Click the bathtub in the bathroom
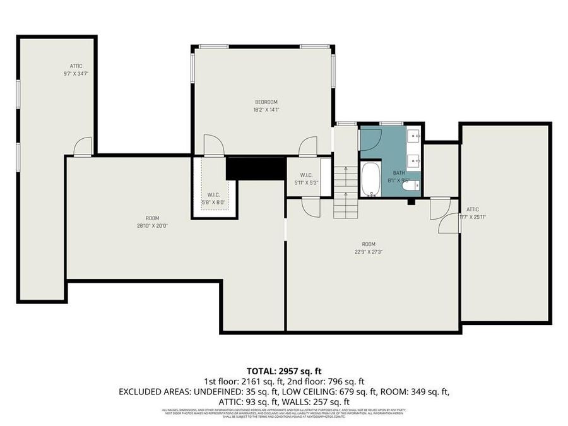[370, 179]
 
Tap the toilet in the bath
[410, 186]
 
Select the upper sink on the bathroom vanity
[414, 136]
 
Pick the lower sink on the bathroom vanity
[414, 162]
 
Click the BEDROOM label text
[266, 102]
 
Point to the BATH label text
[399, 172]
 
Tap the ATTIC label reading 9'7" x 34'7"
[76, 66]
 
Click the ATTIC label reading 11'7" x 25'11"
[472, 210]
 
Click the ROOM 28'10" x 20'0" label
[152, 218]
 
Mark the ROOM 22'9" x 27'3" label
[368, 244]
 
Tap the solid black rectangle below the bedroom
[256, 168]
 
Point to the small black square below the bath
[411, 202]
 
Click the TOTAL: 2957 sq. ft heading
[284, 370]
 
